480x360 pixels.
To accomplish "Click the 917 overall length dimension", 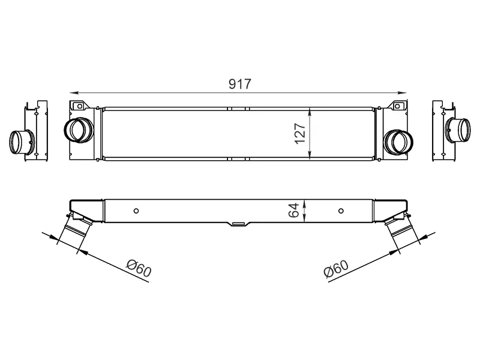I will [x=239, y=85].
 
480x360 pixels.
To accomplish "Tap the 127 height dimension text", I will [x=300, y=134].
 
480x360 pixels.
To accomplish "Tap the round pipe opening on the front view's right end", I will [x=398, y=140].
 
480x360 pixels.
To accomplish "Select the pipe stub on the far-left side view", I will [x=22, y=142].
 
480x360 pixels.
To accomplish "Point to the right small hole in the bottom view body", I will [x=341, y=211].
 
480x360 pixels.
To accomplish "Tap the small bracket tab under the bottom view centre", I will [x=238, y=224].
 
